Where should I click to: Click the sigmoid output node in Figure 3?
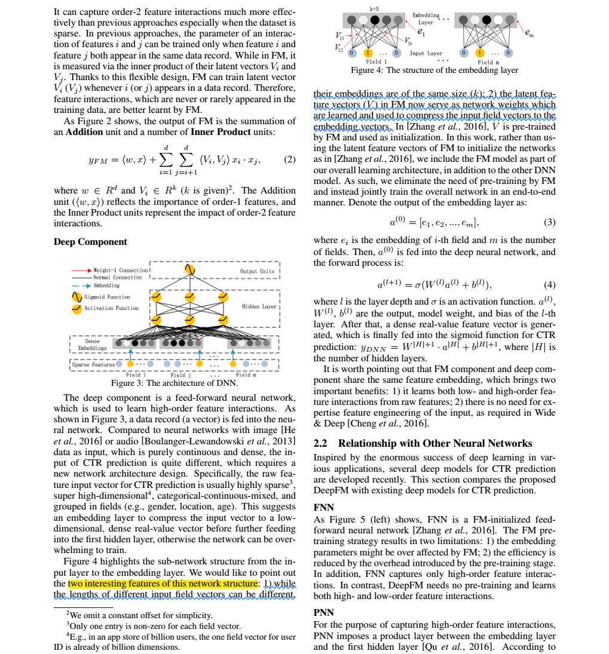pyautogui.click(x=190, y=270)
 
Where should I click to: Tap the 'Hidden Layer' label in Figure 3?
pyautogui.click(x=259, y=306)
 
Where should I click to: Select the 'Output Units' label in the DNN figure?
pyautogui.click(x=257, y=271)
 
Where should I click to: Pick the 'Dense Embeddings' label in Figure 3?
pyautogui.click(x=93, y=344)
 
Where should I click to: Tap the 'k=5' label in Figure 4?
pyautogui.click(x=374, y=9)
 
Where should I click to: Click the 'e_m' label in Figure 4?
pyautogui.click(x=529, y=35)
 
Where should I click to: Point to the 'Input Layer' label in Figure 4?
pyautogui.click(x=426, y=53)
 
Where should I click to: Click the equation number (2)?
pyautogui.click(x=290, y=159)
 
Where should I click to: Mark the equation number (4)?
pyautogui.click(x=550, y=284)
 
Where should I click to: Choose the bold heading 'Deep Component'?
pyautogui.click(x=90, y=242)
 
